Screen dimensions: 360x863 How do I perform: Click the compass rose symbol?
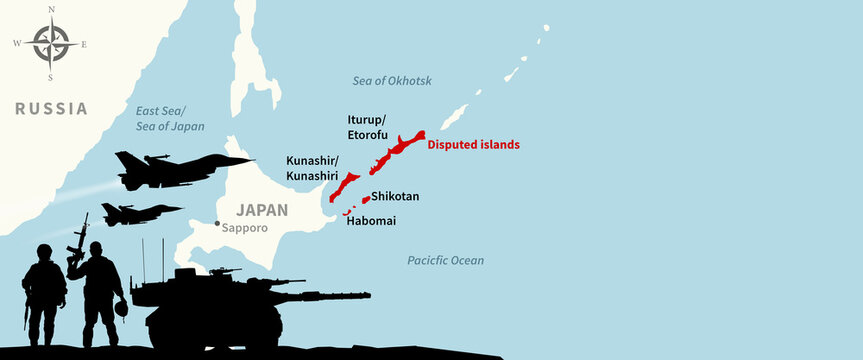tap(49, 44)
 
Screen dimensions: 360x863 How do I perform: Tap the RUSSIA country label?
tap(50, 108)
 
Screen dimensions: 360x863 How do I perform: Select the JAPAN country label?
tap(261, 211)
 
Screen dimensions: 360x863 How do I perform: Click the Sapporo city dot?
tap(217, 223)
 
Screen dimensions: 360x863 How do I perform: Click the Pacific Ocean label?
tap(445, 260)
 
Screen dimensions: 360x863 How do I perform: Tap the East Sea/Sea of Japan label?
tap(170, 119)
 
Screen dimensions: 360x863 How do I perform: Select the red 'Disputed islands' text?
tap(473, 144)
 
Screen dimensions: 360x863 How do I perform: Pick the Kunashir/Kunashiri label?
tap(312, 167)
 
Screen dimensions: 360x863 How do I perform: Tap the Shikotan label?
tap(395, 197)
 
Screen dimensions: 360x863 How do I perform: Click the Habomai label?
tap(370, 220)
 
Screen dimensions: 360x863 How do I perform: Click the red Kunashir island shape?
tap(345, 187)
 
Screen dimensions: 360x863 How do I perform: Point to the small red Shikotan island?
tap(366, 200)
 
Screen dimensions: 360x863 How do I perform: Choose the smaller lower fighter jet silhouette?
tap(138, 213)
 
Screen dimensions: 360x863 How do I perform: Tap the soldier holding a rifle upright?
tap(100, 290)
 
